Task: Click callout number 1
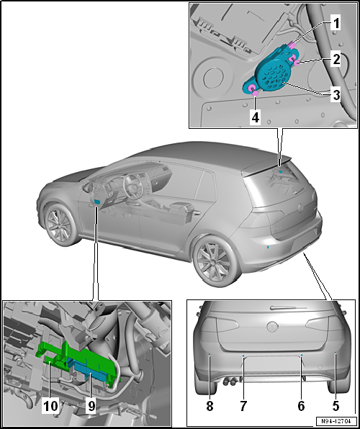335,24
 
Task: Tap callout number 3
336,95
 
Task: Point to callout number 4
255,118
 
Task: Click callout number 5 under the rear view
336,406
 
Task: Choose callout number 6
301,406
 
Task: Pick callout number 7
243,406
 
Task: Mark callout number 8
210,406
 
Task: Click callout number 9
91,406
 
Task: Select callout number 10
50,406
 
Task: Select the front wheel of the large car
60,224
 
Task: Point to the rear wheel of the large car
215,261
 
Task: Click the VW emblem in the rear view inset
272,326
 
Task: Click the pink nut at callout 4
255,94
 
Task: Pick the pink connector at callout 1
292,45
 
